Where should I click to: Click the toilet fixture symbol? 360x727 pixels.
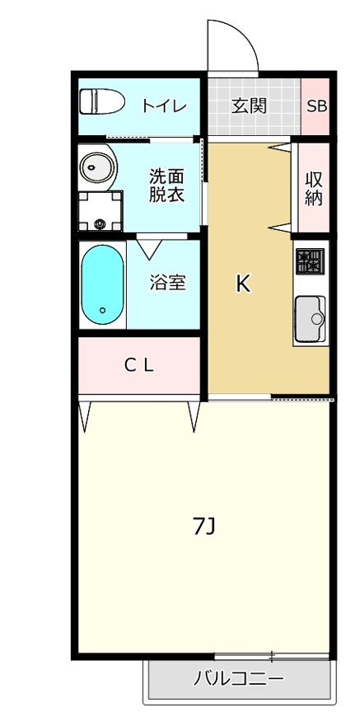tap(101, 102)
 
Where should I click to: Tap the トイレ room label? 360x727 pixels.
tap(164, 106)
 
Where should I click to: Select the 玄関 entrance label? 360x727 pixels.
tap(248, 106)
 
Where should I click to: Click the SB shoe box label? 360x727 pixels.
tap(316, 106)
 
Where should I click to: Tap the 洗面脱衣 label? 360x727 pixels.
tap(166, 185)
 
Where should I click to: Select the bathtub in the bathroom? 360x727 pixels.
tap(103, 285)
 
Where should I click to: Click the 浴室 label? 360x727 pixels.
tap(166, 283)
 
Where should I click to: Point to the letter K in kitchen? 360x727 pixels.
tap(243, 284)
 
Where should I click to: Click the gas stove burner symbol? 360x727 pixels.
tap(311, 261)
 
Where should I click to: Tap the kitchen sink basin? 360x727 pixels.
tap(311, 315)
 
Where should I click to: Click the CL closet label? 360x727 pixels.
tap(139, 367)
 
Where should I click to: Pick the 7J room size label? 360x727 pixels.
tap(203, 526)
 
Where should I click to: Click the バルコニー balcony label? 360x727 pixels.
tap(239, 680)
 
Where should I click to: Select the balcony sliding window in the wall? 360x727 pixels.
tap(272, 656)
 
